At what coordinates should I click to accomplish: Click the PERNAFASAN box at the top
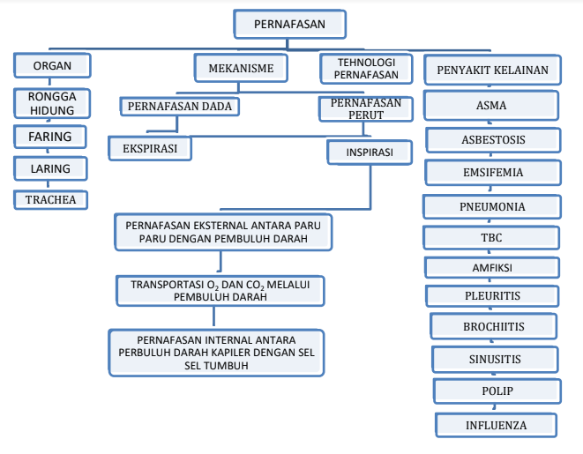(290, 24)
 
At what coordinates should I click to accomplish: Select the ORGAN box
(52, 65)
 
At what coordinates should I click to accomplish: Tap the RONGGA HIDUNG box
(52, 103)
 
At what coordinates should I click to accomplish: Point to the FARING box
(50, 137)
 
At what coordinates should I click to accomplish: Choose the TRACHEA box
(50, 200)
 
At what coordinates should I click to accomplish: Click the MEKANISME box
(241, 68)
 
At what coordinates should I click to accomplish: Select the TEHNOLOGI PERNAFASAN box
(366, 69)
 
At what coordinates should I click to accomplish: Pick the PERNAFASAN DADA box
(180, 107)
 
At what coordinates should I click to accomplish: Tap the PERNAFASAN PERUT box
(366, 108)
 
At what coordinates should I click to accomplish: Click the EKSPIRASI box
(150, 148)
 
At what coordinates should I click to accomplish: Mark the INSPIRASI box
(370, 153)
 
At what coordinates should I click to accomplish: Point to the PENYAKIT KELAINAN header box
(493, 70)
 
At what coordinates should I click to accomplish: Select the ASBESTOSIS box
(493, 139)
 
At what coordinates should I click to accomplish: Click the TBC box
(491, 237)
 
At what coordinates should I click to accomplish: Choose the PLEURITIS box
(492, 295)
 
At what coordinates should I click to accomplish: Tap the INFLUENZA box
(496, 425)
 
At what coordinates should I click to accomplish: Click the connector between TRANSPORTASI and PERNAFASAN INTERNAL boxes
(213, 316)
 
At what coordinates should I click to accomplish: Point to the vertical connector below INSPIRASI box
(370, 187)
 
